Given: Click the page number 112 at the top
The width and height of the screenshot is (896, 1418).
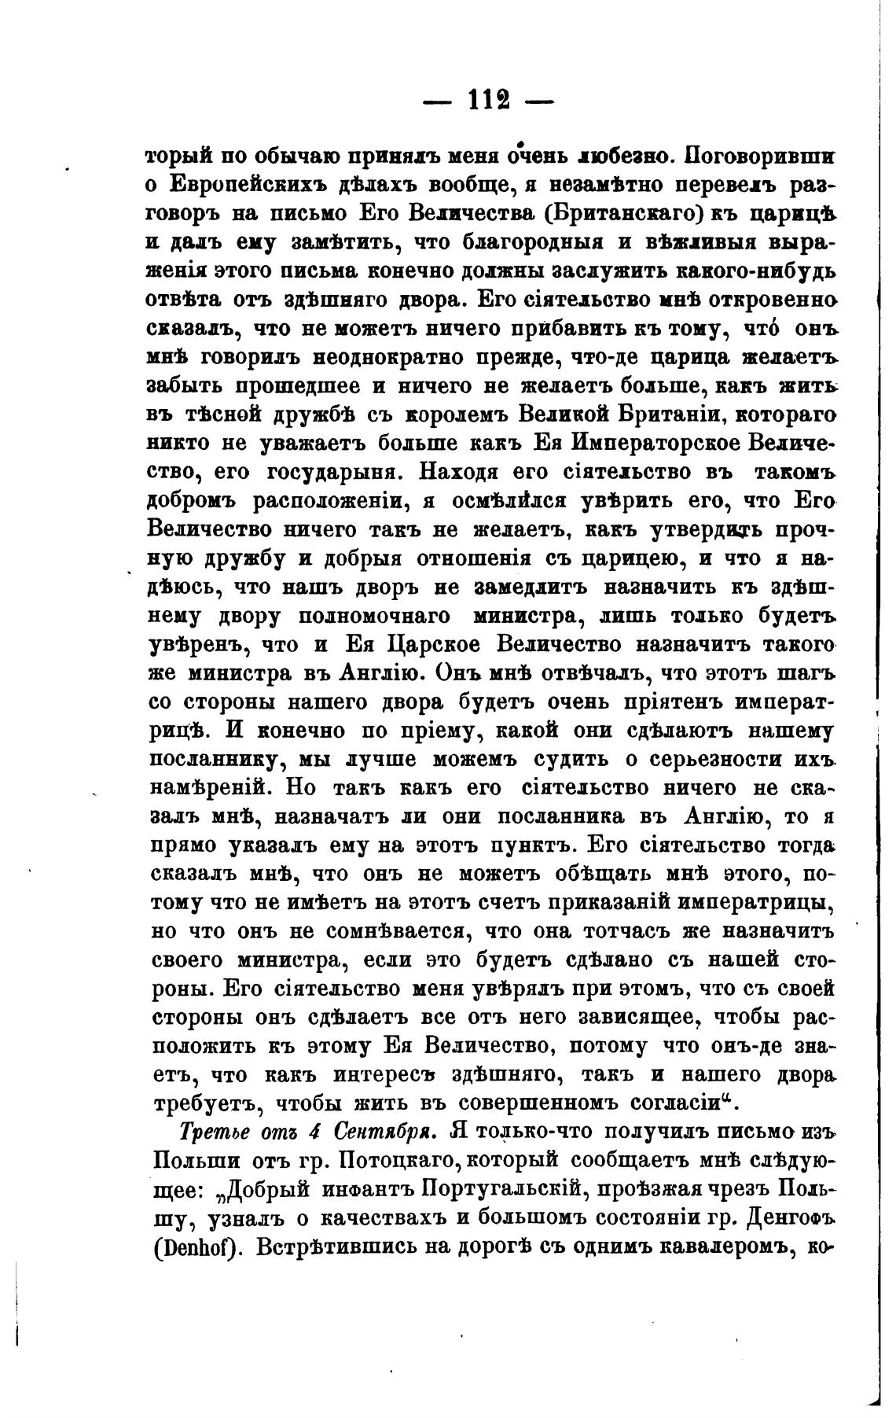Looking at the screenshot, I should coord(490,101).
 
